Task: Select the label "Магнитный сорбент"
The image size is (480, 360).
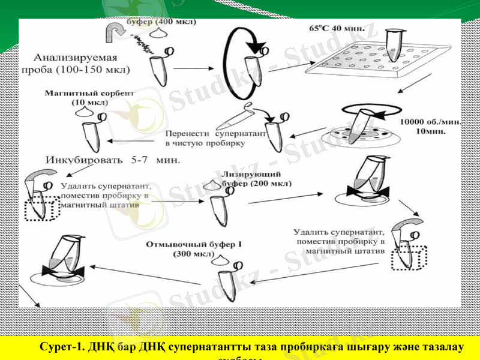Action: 89,93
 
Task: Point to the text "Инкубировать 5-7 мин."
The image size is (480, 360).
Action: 113,160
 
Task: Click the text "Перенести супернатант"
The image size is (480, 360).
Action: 215,135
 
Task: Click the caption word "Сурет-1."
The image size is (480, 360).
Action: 61,347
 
